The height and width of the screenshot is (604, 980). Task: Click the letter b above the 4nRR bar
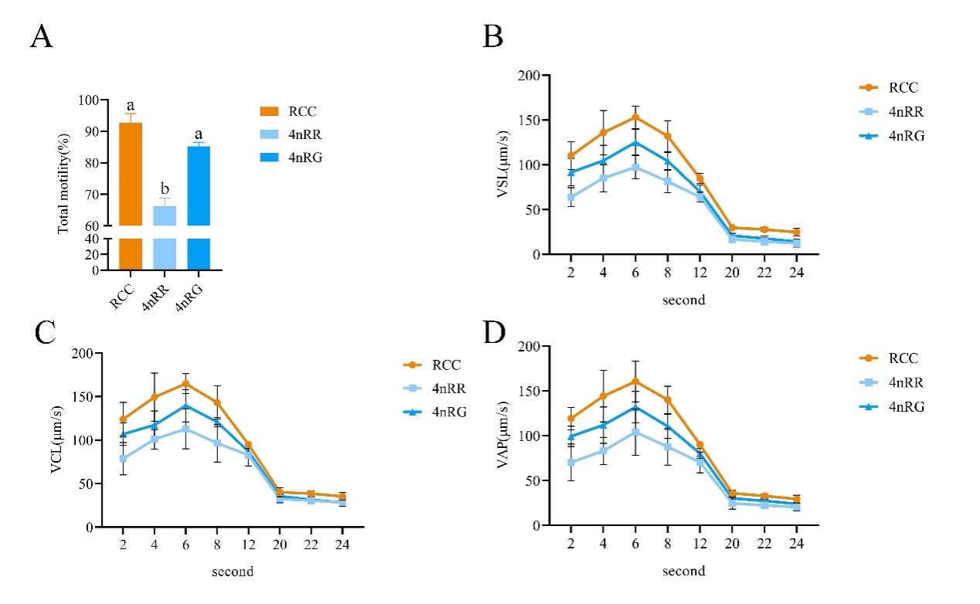point(164,190)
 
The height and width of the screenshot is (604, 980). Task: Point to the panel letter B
point(493,36)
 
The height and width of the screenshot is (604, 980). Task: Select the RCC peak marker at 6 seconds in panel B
point(635,117)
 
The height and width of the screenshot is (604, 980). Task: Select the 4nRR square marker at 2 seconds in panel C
point(122,458)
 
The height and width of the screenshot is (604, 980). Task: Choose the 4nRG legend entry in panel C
point(437,412)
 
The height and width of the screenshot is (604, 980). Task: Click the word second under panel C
point(232,572)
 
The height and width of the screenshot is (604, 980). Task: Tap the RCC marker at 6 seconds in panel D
point(635,381)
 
